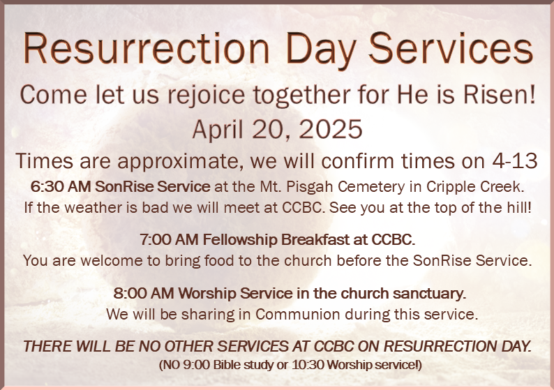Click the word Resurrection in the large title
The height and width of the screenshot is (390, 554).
point(147,48)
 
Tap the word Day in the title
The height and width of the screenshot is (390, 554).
point(320,51)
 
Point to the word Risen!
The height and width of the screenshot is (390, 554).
point(500,94)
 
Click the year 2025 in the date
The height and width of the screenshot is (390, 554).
point(331,129)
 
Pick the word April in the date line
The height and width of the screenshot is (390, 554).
point(218,130)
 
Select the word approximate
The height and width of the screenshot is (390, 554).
point(180,162)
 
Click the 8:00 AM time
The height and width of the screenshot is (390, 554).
point(144,293)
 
